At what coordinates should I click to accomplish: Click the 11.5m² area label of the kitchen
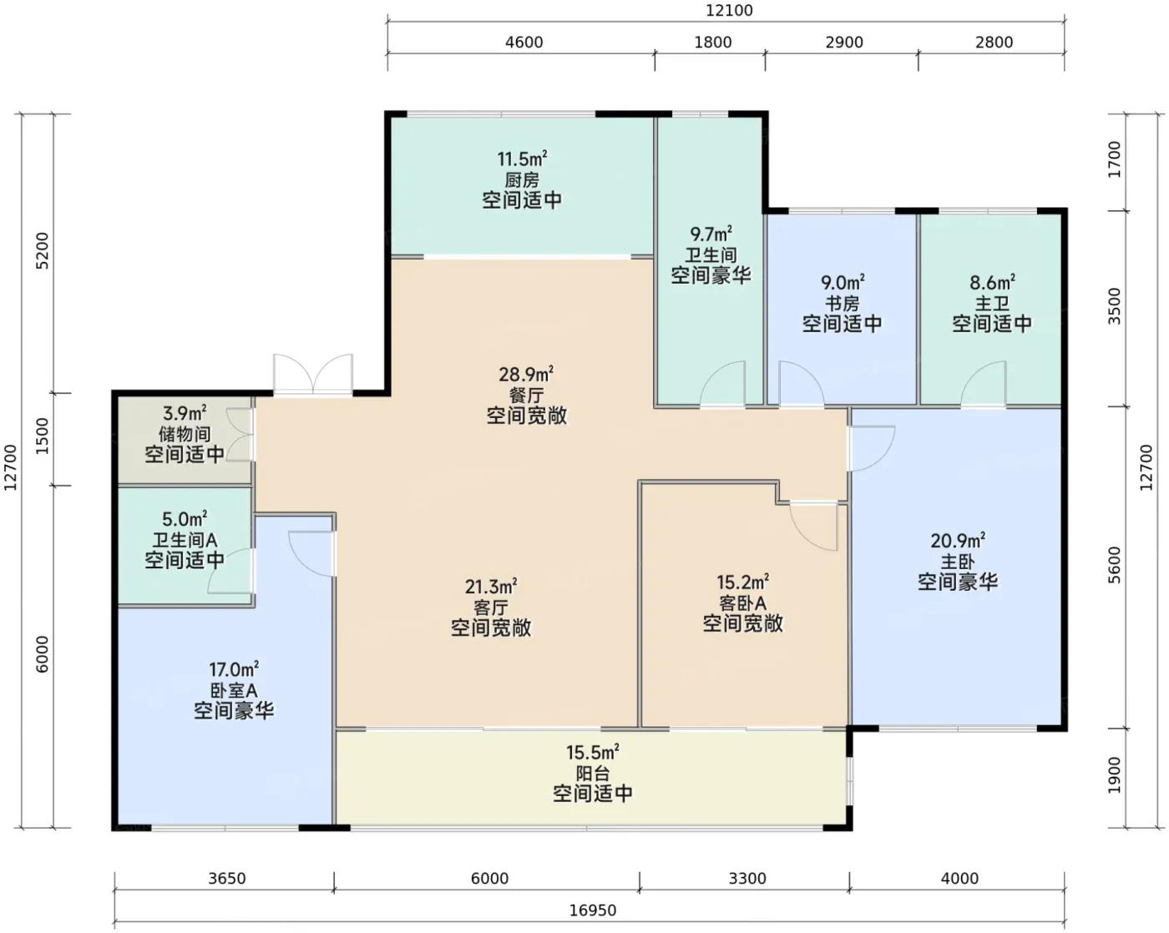[x=522, y=159]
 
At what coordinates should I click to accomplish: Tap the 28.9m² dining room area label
[x=526, y=374]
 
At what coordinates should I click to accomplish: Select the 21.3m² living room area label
[x=490, y=587]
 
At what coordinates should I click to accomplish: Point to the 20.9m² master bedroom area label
[x=958, y=541]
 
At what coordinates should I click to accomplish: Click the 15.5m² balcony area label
[x=593, y=752]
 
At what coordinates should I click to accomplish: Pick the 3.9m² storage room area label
[x=185, y=413]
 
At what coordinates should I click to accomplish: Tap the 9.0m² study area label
[x=842, y=282]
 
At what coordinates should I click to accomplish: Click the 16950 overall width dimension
[x=593, y=910]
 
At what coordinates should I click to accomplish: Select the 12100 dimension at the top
[x=729, y=10]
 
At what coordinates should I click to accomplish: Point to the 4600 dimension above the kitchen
[x=524, y=42]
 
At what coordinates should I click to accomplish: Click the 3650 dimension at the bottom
[x=227, y=878]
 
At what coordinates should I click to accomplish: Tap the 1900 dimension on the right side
[x=1114, y=775]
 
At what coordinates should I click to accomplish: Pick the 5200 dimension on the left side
[x=42, y=250]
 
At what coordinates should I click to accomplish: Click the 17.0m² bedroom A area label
[x=234, y=669]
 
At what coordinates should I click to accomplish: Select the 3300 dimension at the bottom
[x=747, y=878]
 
